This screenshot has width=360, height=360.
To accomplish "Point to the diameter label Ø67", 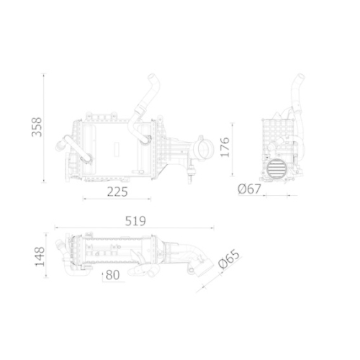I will [x=249, y=189].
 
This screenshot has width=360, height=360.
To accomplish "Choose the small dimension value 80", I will [x=112, y=274].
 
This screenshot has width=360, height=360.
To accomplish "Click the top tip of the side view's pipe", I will [x=297, y=78].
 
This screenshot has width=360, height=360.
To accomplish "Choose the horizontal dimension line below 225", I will [x=119, y=199].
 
